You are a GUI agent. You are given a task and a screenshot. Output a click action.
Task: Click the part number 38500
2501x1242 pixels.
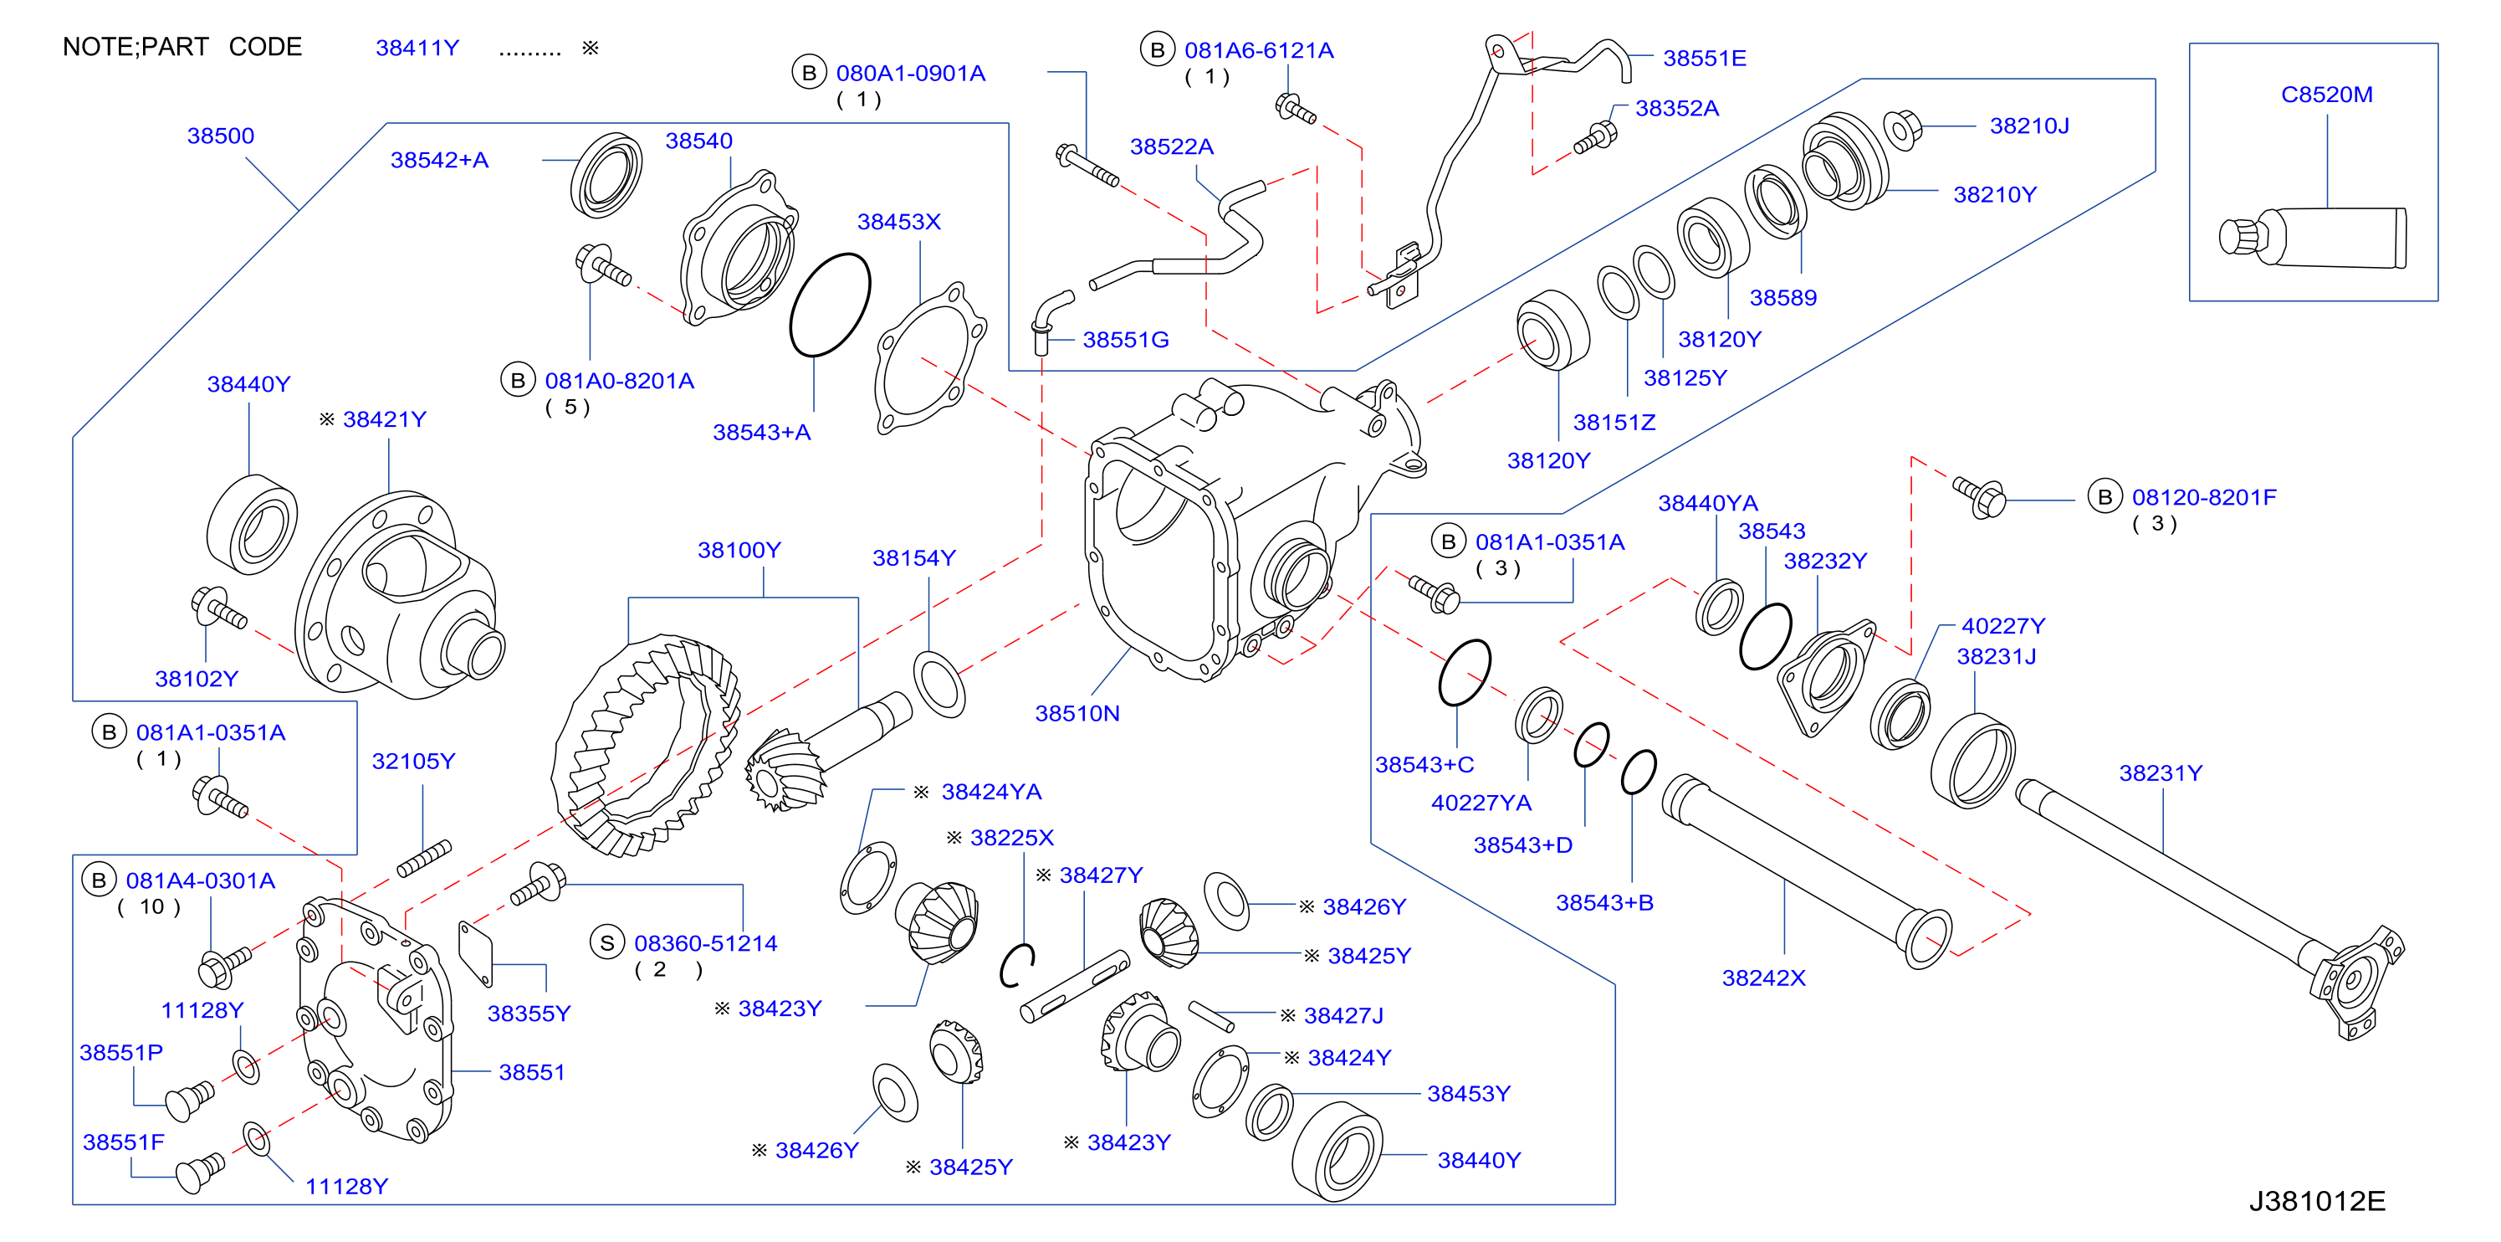tap(220, 135)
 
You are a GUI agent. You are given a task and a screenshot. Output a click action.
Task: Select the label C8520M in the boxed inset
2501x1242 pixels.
tap(2326, 95)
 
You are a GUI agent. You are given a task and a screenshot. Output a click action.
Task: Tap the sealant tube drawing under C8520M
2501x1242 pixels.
tap(2313, 237)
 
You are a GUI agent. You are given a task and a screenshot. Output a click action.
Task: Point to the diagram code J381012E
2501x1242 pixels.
tap(2316, 1201)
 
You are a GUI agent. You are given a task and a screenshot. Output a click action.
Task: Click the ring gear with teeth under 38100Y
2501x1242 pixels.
tap(646, 745)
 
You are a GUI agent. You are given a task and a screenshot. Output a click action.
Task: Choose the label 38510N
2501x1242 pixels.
tap(1077, 713)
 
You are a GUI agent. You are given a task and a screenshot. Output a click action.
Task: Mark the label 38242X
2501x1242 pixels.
tap(1763, 978)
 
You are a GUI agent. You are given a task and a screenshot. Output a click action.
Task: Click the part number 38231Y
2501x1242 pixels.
tap(2161, 773)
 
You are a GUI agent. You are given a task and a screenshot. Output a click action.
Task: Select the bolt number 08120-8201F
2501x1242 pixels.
tap(2204, 497)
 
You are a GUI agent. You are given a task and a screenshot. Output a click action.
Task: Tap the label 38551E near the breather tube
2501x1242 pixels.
tap(1704, 59)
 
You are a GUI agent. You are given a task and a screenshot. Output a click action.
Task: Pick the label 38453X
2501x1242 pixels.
tap(898, 222)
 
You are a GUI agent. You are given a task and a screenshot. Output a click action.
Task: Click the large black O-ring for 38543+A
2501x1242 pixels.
tap(830, 305)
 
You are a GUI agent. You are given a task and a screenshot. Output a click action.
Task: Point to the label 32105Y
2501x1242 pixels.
tap(412, 761)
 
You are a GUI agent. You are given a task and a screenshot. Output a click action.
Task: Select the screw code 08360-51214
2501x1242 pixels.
tap(706, 943)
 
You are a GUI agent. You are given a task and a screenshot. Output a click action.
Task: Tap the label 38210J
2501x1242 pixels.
tap(2029, 126)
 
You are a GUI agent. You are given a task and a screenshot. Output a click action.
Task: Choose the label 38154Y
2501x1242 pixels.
tap(913, 557)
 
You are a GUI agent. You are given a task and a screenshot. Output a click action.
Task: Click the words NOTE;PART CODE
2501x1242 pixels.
tap(182, 47)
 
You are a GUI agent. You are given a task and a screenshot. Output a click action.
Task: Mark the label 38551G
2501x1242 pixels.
tap(1125, 340)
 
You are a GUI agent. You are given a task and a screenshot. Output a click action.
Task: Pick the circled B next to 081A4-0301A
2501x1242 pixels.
tap(98, 880)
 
